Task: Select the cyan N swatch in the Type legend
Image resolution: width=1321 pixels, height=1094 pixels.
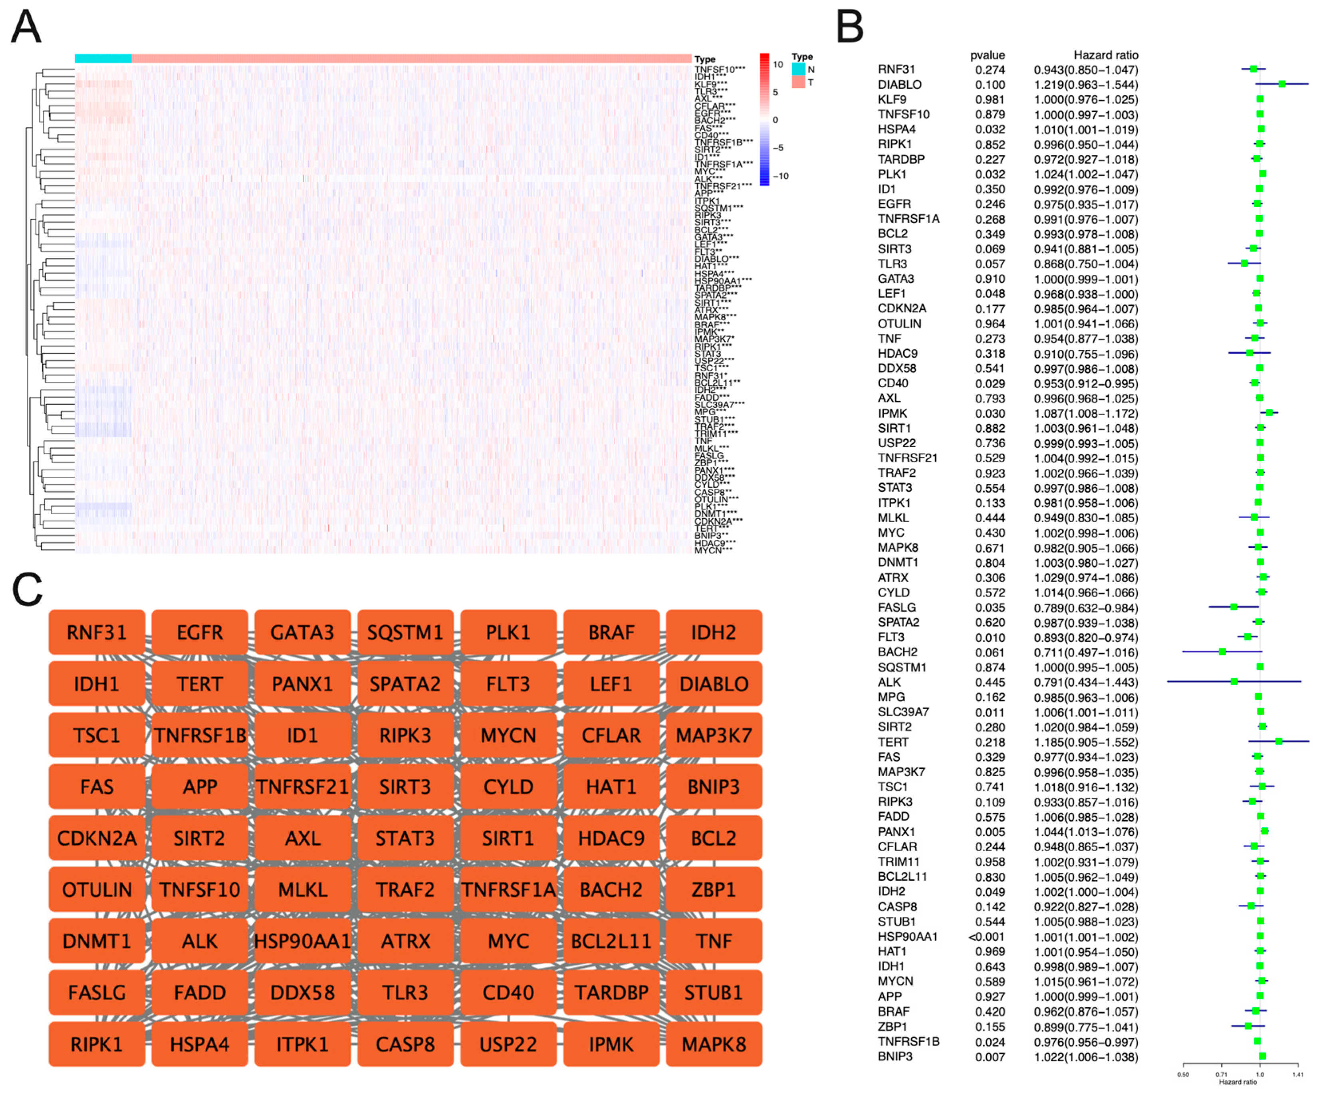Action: [798, 69]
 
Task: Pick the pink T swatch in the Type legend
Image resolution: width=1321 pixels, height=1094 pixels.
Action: [798, 82]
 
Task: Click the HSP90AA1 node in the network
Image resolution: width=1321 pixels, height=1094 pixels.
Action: [303, 941]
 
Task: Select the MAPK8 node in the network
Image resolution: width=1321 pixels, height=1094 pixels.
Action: [714, 1044]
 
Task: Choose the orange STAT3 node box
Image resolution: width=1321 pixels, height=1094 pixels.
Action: [405, 838]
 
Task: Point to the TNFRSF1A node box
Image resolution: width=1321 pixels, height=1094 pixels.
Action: [508, 890]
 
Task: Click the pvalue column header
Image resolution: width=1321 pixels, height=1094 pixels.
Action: [987, 55]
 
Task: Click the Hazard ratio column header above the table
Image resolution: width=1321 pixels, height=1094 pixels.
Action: [1105, 55]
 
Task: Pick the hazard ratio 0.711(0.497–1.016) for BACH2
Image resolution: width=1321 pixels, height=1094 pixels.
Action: [1086, 653]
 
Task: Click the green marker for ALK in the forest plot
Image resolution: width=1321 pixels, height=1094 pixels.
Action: [1234, 682]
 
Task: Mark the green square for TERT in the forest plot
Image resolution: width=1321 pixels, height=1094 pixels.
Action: [1279, 742]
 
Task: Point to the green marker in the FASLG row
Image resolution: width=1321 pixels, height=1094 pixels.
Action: [1234, 607]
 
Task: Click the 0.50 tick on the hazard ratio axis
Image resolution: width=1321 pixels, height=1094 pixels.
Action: [1183, 1074]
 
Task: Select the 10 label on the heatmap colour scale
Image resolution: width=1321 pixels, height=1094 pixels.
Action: [778, 65]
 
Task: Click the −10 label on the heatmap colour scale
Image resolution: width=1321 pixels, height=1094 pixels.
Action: [780, 176]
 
